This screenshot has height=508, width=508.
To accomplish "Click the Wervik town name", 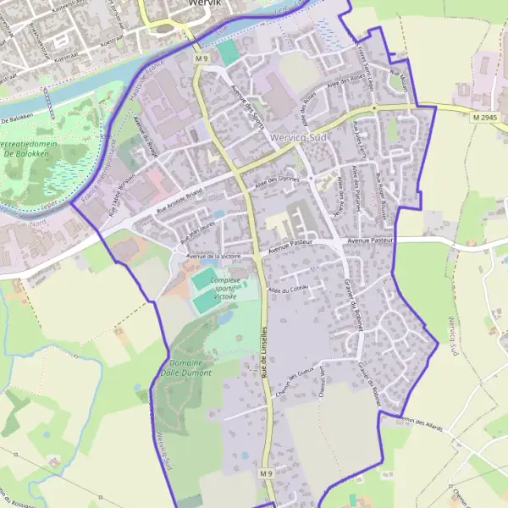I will click(201, 3).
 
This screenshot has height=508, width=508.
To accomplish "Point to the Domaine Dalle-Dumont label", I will click(185, 367).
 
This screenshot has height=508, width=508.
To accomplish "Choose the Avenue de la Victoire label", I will click(214, 255).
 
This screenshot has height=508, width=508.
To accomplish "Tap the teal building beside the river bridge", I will click(228, 52).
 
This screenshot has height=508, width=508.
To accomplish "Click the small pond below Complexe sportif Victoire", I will click(224, 318).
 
